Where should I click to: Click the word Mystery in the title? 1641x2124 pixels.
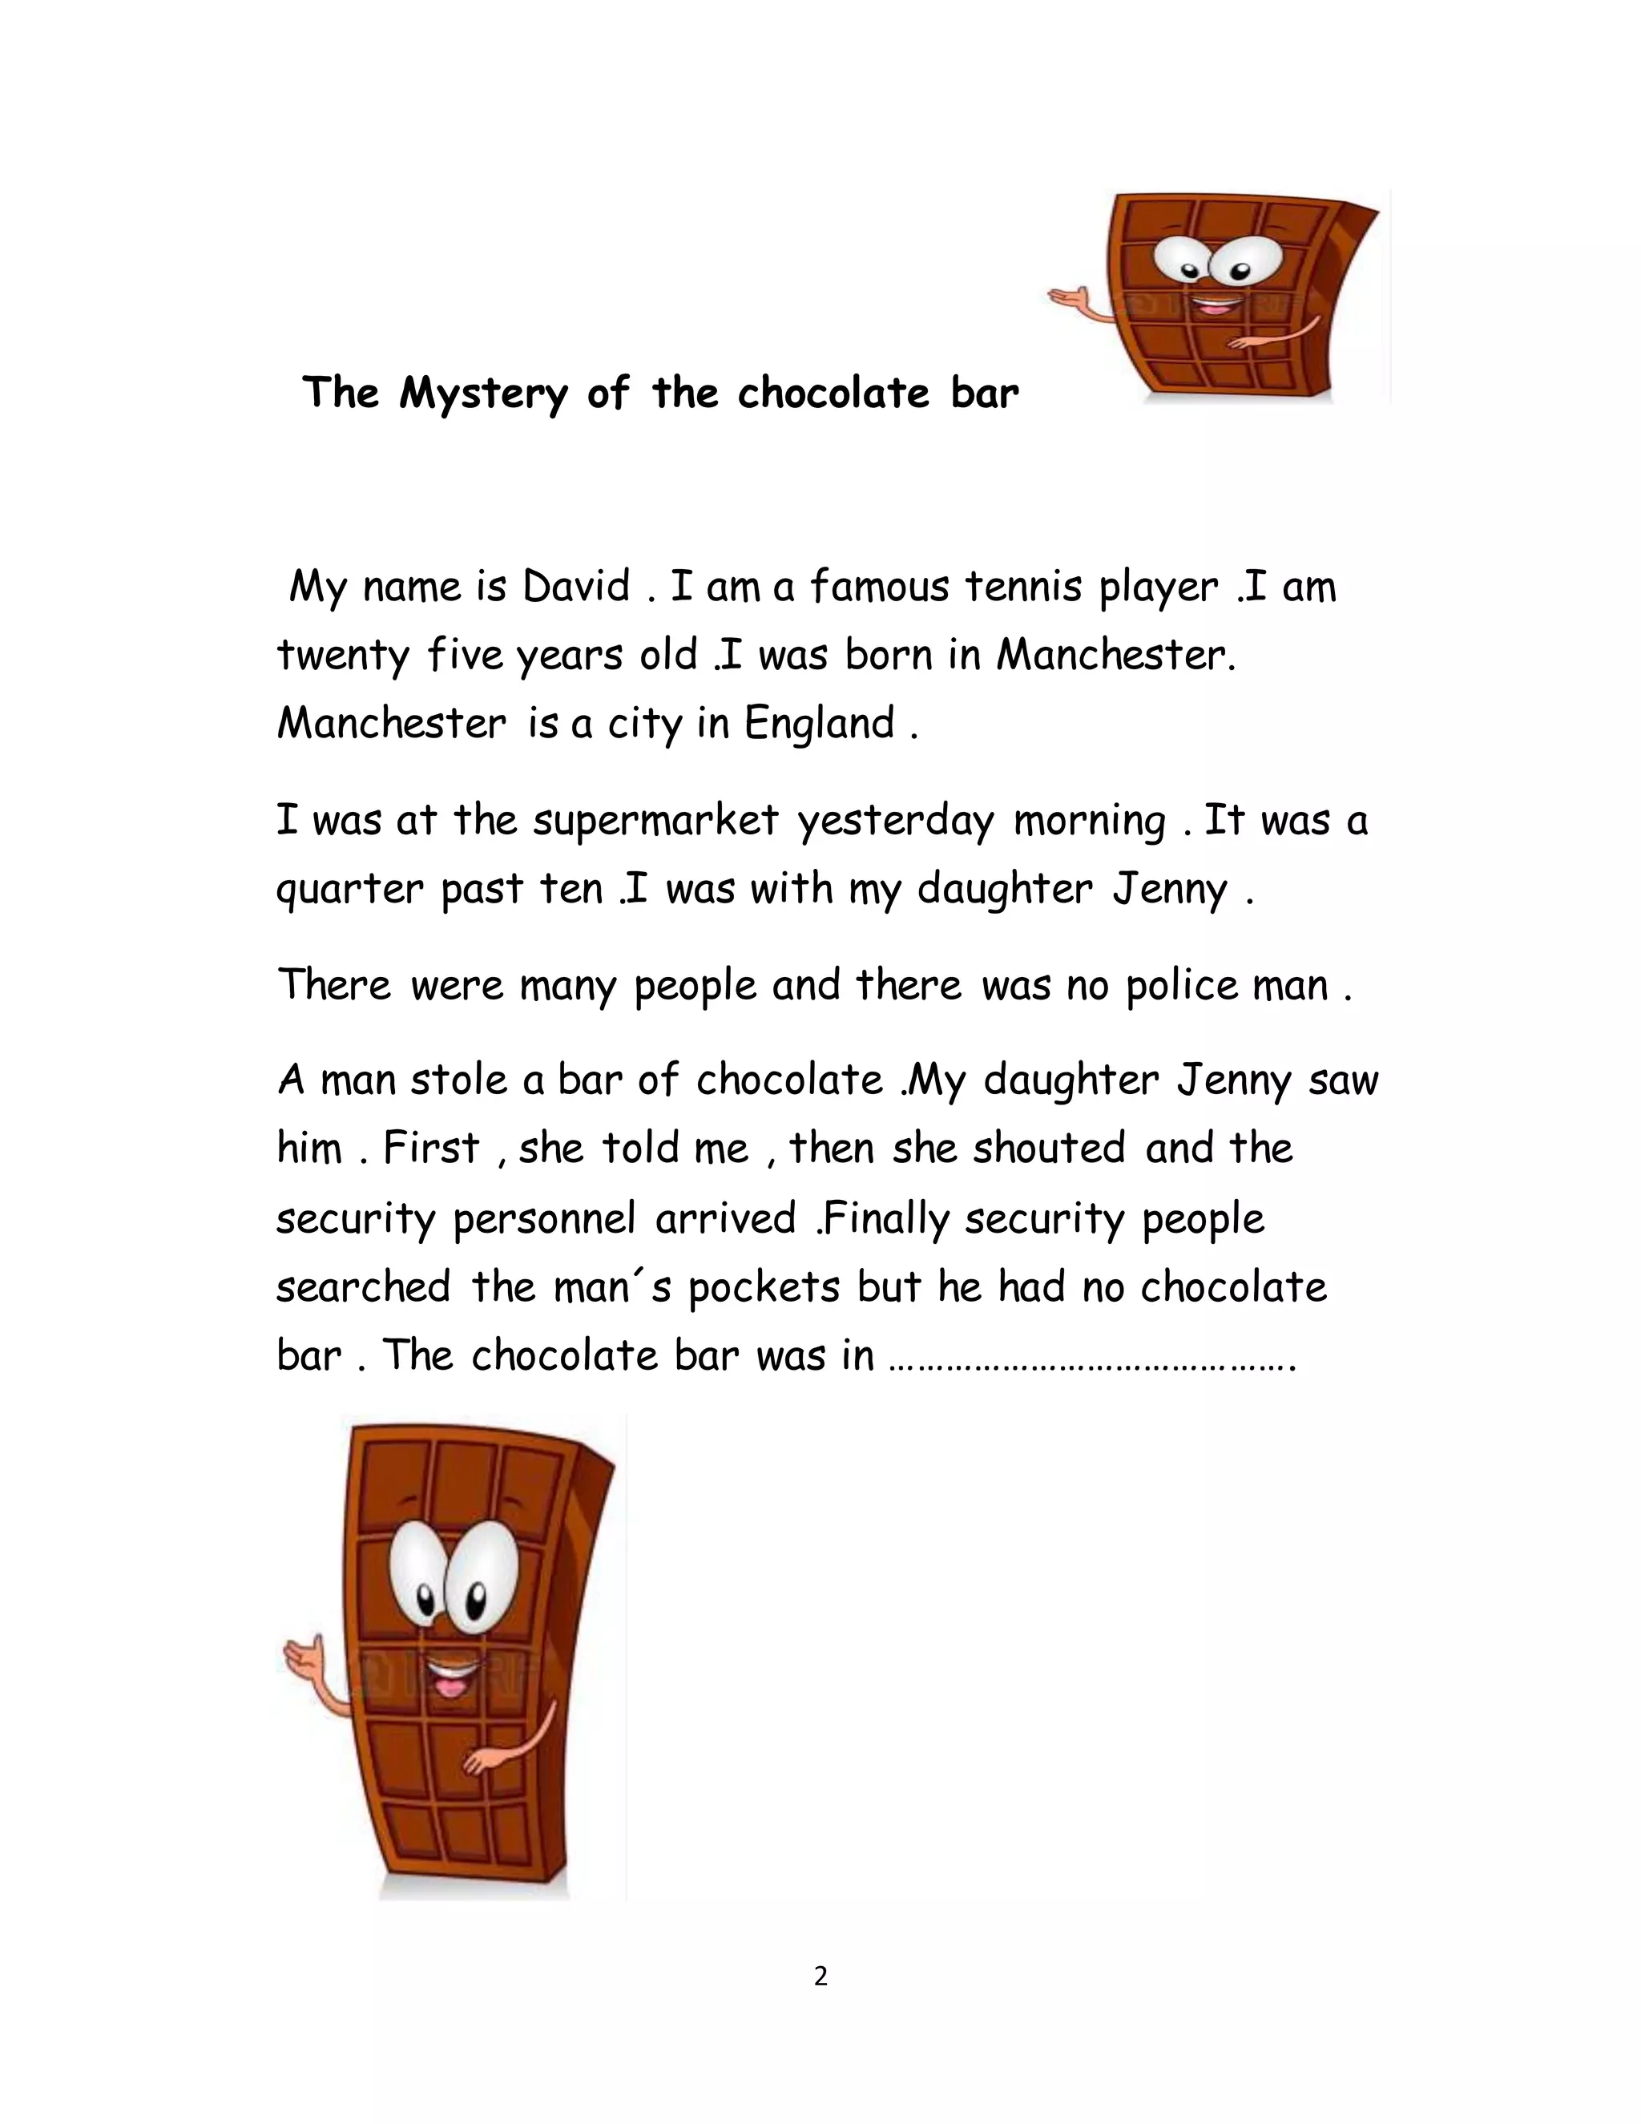[482, 394]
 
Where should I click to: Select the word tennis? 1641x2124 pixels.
[1022, 587]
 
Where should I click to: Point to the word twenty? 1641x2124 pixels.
[342, 656]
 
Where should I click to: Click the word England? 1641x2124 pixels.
[820, 725]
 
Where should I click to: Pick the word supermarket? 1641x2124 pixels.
[655, 820]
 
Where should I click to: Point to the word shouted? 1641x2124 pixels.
[1049, 1149]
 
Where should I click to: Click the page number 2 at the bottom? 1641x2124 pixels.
[820, 1977]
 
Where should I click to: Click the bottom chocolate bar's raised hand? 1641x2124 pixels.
[302, 1651]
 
